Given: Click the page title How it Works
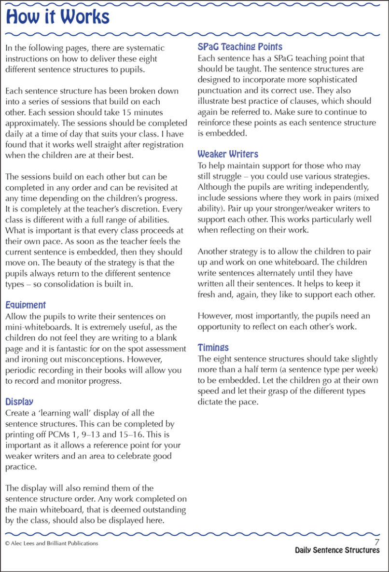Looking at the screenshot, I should tap(58, 17).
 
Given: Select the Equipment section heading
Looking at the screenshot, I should tap(26, 305).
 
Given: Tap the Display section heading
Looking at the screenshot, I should tap(19, 402).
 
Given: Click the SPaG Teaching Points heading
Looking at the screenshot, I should tap(240, 47).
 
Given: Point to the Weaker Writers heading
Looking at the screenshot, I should tap(228, 154).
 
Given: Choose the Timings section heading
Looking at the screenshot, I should tap(213, 348).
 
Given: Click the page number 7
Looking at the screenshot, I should tap(377, 543).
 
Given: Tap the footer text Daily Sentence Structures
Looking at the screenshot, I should tap(337, 551).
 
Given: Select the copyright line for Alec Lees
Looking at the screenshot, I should tap(52, 543).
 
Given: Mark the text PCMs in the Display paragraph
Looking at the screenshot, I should tap(60, 435).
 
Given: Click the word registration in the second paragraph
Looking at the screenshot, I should tap(161, 144).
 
